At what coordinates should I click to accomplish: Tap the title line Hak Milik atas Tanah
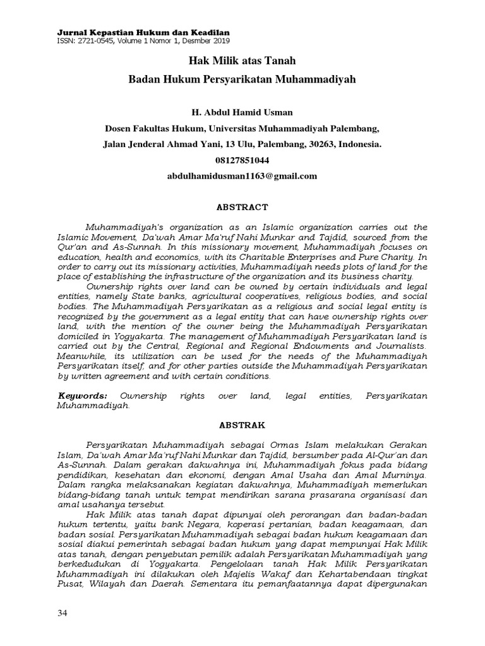tap(242, 62)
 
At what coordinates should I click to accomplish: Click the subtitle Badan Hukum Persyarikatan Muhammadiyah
tap(242, 80)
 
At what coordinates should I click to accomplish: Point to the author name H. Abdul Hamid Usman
tap(242, 112)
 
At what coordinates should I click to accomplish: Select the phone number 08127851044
tap(242, 160)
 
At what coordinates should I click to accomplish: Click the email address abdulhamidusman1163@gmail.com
tap(242, 177)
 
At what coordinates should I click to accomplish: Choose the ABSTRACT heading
tap(242, 207)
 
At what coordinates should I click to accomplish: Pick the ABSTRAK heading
tap(242, 426)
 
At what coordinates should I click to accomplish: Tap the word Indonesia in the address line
tap(360, 144)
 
